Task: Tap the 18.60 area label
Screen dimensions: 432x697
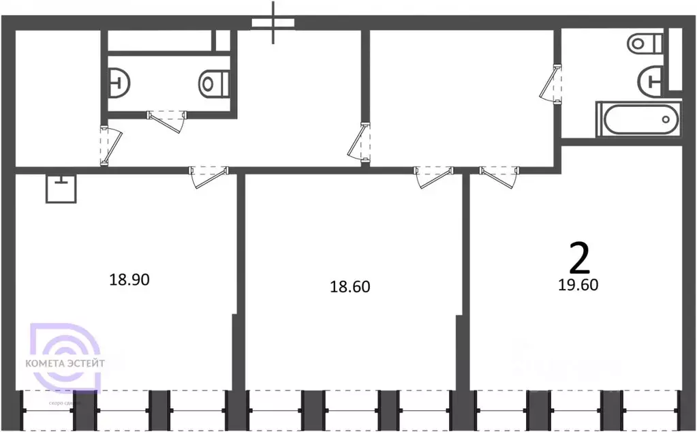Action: [x=350, y=287]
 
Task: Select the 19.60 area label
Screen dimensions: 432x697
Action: [x=578, y=286]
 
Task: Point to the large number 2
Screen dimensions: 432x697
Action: [x=579, y=260]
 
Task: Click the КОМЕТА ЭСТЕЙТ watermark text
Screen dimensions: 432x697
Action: [x=65, y=363]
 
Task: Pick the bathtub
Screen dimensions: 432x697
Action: [x=638, y=119]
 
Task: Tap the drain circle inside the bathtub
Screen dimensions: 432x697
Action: [x=666, y=119]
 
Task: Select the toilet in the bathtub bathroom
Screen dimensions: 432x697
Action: [x=645, y=44]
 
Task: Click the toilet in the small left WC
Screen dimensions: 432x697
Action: [x=214, y=84]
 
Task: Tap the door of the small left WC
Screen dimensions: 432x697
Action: [x=168, y=121]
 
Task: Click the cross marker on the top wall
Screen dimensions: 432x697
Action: [x=274, y=22]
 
